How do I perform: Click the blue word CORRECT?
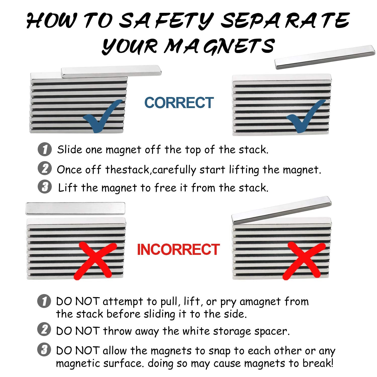pos(179,103)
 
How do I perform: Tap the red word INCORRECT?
pos(178,249)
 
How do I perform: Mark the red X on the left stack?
pos(96,260)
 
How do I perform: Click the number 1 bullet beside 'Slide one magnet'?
pos(45,149)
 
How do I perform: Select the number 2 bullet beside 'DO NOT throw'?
pos(44,329)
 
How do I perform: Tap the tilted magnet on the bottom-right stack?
pos(281,210)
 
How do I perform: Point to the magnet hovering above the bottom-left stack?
pos(75,209)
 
